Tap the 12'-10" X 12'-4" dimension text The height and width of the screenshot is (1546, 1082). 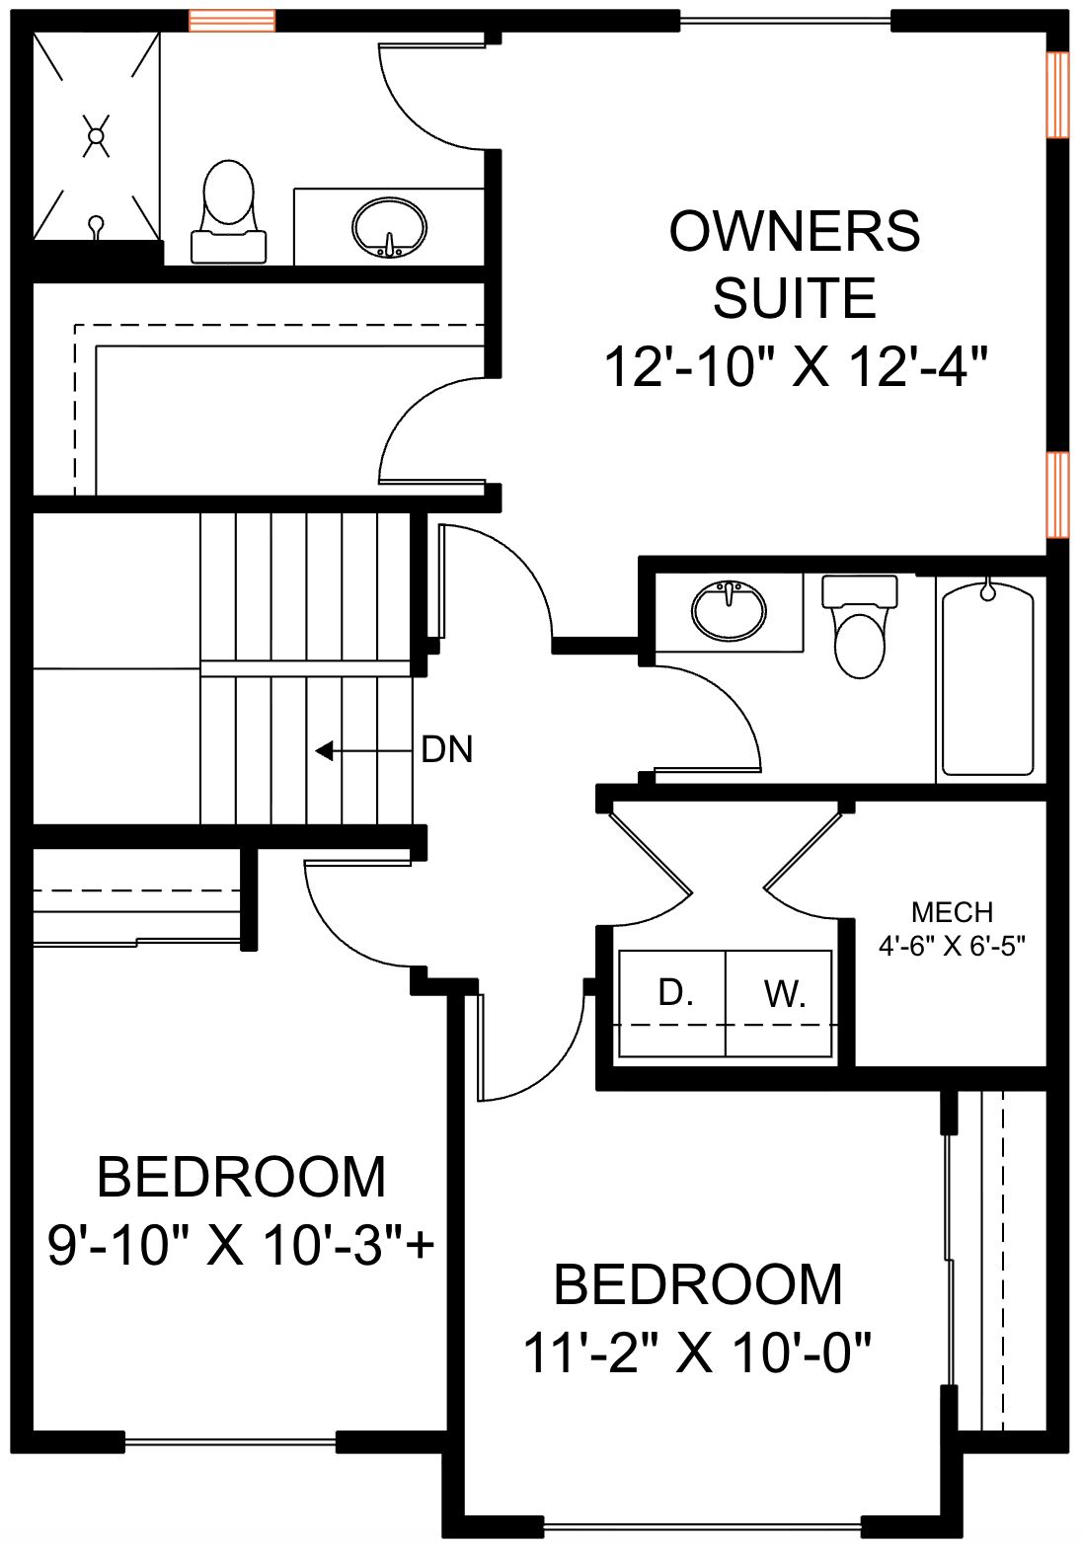point(796,368)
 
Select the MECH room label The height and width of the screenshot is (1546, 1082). point(953,912)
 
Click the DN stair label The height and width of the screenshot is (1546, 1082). point(447,749)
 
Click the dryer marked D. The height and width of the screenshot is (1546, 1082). point(673,1003)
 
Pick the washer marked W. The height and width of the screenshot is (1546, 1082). point(779,1003)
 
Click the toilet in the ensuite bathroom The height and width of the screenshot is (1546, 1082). point(228,211)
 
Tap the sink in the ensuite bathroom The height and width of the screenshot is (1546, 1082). point(389,228)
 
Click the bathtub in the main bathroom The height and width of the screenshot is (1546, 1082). point(987,680)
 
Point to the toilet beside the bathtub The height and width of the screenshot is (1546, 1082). point(859,626)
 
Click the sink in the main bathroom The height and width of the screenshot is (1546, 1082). point(728,610)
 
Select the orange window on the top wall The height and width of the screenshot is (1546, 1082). point(233,21)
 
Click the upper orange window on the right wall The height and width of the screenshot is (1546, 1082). point(1058,95)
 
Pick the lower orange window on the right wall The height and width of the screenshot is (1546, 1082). point(1058,495)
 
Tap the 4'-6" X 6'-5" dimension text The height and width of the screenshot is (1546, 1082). point(953,946)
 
